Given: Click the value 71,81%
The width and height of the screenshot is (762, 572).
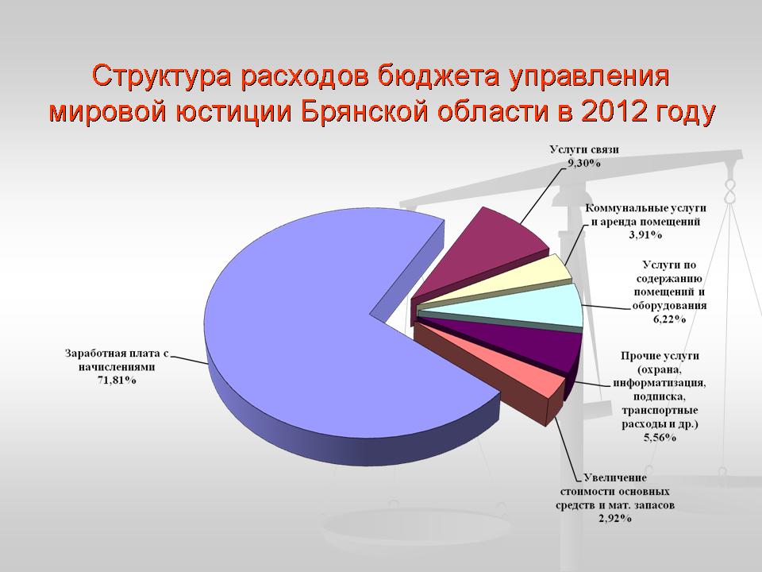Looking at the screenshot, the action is pos(117,381).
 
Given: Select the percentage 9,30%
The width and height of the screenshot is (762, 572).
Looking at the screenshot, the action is pos(584,164).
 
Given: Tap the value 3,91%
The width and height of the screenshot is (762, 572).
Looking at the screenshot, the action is pos(645,235).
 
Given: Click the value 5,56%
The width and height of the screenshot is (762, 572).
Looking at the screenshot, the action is pos(660,437).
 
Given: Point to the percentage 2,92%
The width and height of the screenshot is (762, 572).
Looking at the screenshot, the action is pos(614,519).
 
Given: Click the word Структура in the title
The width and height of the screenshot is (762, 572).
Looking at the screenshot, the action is pos(161,76).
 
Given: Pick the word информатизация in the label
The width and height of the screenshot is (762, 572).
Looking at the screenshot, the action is pos(659,382).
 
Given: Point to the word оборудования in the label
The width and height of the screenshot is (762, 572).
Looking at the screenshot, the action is pos(669,306).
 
